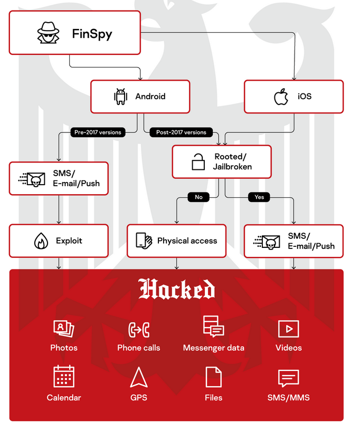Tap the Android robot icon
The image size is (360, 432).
[121, 97]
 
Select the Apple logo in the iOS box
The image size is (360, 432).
[281, 97]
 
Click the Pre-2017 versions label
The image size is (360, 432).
[97, 132]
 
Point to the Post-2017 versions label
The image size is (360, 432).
[181, 132]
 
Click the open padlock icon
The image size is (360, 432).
[198, 161]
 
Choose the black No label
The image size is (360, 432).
[198, 197]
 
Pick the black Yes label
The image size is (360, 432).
[259, 197]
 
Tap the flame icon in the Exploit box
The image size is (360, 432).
[40, 241]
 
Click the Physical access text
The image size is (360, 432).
[187, 241]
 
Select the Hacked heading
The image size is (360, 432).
[177, 290]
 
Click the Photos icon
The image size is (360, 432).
[64, 328]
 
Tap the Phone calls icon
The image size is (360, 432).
[139, 330]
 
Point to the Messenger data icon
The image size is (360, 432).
[213, 327]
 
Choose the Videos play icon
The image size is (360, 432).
[288, 329]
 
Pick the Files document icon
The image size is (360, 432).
[213, 377]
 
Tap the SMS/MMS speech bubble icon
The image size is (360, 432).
[288, 378]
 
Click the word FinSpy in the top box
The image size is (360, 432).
[92, 35]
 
